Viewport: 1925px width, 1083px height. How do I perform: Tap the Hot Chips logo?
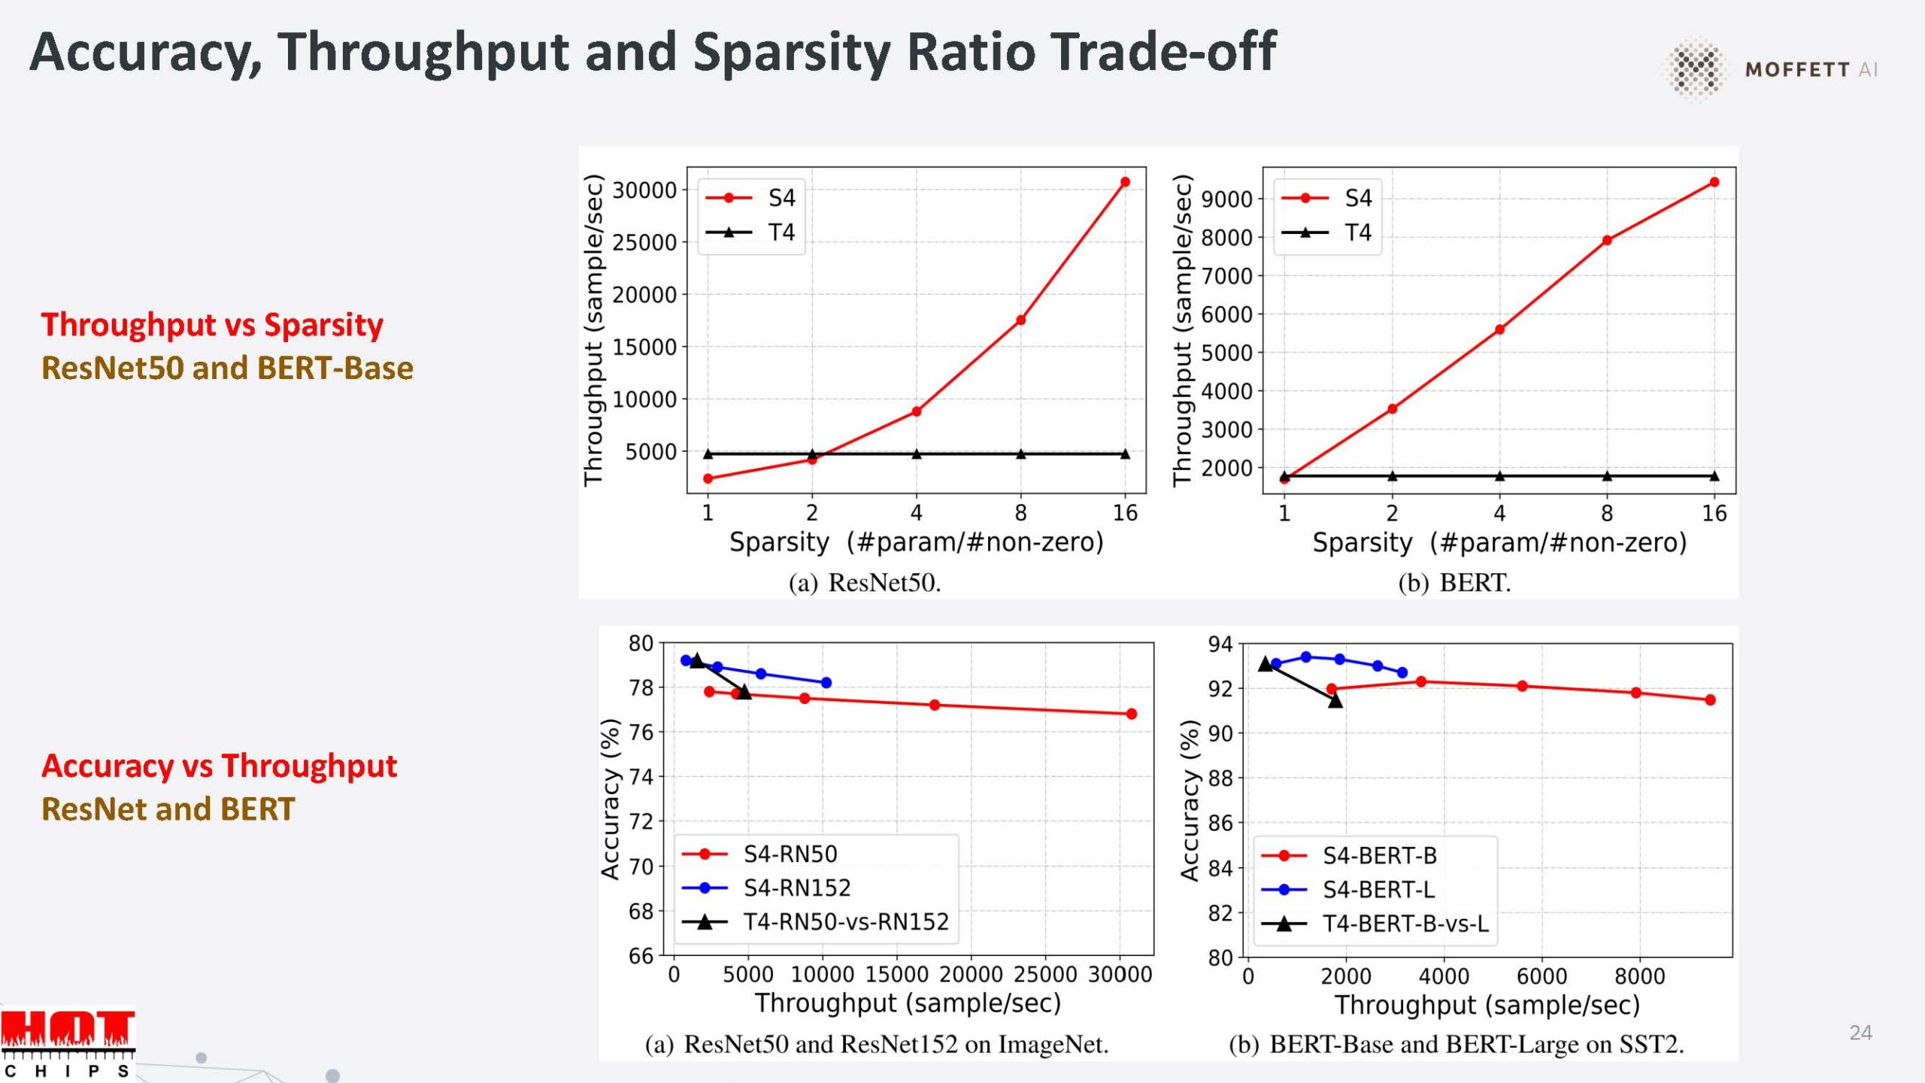pos(68,1042)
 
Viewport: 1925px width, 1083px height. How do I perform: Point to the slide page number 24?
pos(1860,1033)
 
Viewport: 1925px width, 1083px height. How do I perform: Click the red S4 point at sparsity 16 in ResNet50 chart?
pos(1125,182)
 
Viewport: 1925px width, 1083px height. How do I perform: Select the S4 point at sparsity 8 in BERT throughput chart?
pos(1607,241)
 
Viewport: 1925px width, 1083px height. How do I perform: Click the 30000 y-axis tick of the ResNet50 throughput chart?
pos(644,190)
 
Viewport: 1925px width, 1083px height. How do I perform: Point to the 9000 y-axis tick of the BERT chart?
pos(1226,199)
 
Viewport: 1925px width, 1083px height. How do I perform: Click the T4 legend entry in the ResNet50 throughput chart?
pos(752,232)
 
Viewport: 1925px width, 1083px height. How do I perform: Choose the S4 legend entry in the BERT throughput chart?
pos(1329,198)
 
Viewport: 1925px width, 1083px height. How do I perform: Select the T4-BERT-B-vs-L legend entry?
pos(1376,924)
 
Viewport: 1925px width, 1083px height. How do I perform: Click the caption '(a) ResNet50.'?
pos(865,583)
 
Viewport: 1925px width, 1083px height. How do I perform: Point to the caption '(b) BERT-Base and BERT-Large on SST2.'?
pos(1456,1045)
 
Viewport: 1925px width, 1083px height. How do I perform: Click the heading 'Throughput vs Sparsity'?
pos(212,325)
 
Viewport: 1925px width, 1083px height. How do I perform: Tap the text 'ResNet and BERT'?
pos(168,809)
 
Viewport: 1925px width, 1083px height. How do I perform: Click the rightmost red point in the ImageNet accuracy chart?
pos(1132,714)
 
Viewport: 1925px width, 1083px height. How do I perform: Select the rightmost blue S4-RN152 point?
pos(826,683)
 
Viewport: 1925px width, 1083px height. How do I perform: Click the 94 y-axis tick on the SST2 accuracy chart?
pos(1220,645)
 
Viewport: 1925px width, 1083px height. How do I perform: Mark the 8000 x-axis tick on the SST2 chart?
pos(1639,977)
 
